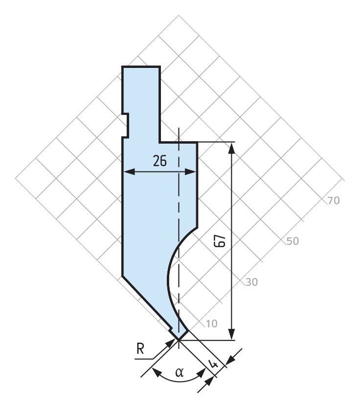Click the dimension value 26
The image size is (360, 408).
tap(159, 161)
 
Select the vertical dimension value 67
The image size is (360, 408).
tap(220, 241)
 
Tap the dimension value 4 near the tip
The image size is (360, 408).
tap(214, 364)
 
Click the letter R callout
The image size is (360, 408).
tap(140, 349)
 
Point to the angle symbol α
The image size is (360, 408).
tap(180, 372)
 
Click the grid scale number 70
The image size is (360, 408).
tap(334, 201)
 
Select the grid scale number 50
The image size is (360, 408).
tap(292, 241)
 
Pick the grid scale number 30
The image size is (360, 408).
tap(251, 282)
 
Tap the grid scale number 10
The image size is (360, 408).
tap(211, 323)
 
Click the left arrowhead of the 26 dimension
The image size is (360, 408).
tap(129, 172)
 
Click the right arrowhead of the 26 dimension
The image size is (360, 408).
tap(190, 172)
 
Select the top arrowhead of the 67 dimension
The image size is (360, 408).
tap(232, 148)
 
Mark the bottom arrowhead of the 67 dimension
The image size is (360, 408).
tap(232, 334)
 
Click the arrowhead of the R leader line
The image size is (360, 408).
tap(171, 343)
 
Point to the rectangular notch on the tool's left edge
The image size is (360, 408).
tap(125, 125)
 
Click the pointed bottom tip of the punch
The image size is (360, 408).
tap(179, 340)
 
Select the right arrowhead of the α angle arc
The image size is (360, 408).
tap(202, 373)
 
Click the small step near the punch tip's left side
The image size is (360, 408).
tap(171, 330)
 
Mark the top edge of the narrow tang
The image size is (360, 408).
tap(141, 67)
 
